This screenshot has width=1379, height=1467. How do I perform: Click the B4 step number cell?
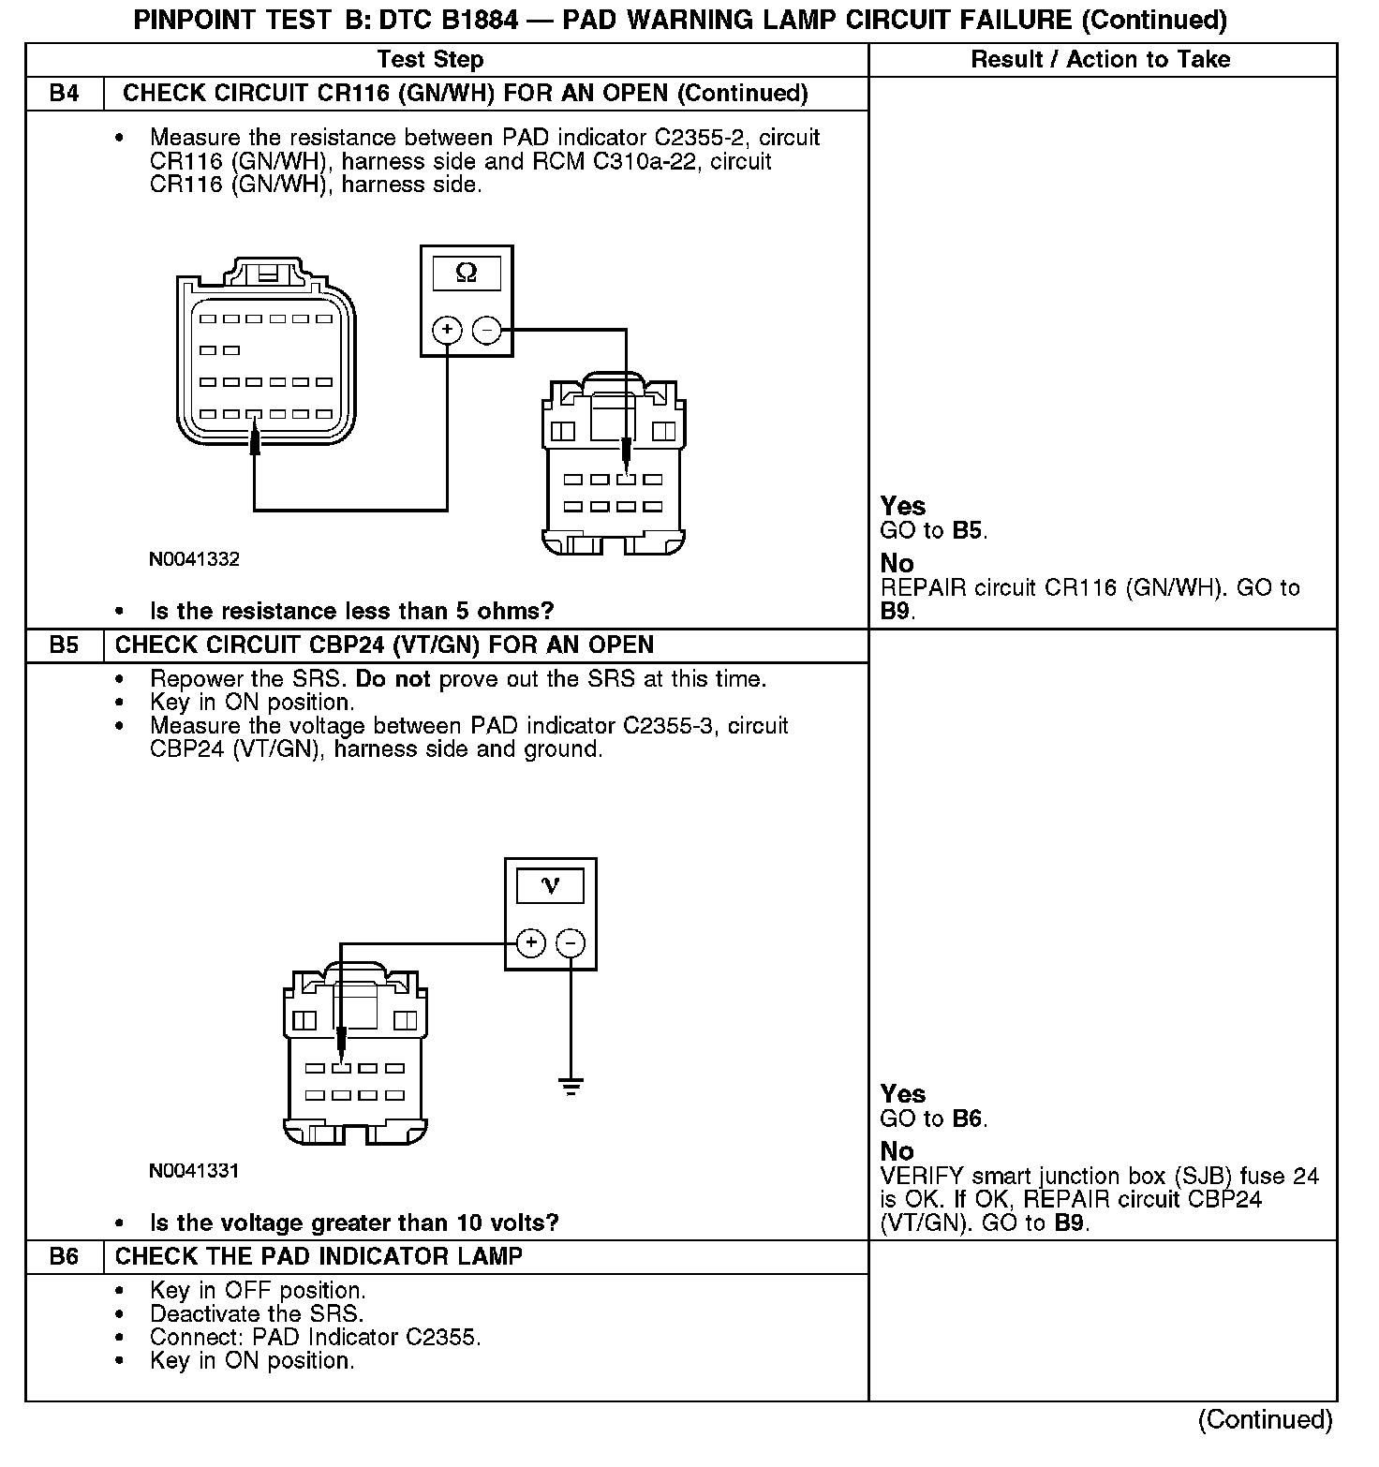pyautogui.click(x=64, y=94)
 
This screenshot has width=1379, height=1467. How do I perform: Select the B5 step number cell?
pyautogui.click(x=64, y=645)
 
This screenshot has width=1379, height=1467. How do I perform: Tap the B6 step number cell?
pyautogui.click(x=64, y=1257)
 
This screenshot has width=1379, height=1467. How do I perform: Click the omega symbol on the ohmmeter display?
pyautogui.click(x=466, y=274)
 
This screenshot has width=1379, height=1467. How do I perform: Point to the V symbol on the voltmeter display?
pyautogui.click(x=550, y=885)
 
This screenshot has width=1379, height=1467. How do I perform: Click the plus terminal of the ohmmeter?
pyautogui.click(x=448, y=330)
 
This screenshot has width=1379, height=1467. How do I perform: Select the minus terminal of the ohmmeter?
pyautogui.click(x=485, y=330)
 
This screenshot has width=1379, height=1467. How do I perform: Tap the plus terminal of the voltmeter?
pyautogui.click(x=530, y=942)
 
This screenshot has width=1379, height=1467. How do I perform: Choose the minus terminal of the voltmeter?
pyautogui.click(x=571, y=942)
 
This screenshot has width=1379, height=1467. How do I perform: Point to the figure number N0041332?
pyautogui.click(x=194, y=560)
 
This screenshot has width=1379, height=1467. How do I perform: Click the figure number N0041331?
pyautogui.click(x=194, y=1171)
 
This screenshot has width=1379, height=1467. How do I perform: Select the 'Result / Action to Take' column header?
pyautogui.click(x=1100, y=60)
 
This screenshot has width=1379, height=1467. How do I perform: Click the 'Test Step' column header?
pyautogui.click(x=430, y=60)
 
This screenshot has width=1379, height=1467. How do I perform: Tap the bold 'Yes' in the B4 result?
pyautogui.click(x=902, y=507)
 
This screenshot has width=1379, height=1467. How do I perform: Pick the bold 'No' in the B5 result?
pyautogui.click(x=897, y=1151)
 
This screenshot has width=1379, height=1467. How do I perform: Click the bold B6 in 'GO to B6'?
pyautogui.click(x=968, y=1119)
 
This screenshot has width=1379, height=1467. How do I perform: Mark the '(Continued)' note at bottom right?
pyautogui.click(x=1265, y=1420)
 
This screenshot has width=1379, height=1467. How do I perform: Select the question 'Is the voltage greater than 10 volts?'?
pyautogui.click(x=354, y=1223)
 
